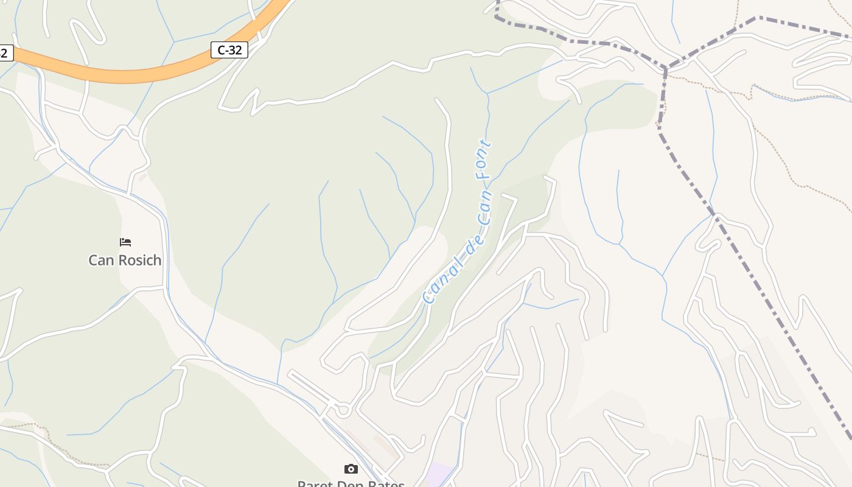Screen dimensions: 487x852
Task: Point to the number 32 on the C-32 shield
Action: [236, 50]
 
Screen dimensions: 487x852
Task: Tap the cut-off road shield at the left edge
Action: [5, 52]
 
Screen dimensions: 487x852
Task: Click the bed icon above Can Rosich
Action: [125, 242]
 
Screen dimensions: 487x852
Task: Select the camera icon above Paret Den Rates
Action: [351, 469]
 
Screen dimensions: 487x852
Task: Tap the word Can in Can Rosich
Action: [100, 261]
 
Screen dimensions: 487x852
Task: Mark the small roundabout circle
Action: [343, 410]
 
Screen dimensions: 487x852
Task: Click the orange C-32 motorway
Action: [122, 75]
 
